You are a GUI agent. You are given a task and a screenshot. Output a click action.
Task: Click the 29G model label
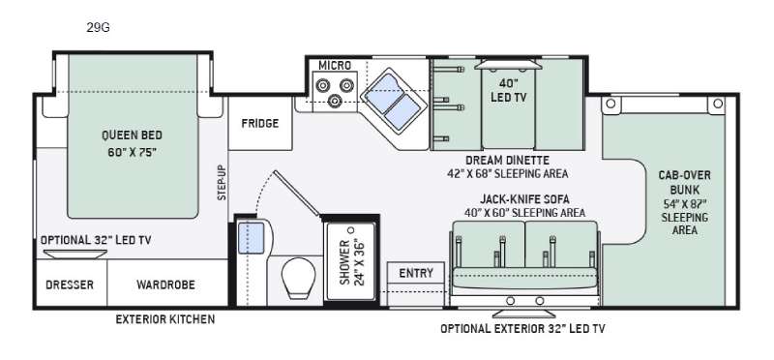point(99,28)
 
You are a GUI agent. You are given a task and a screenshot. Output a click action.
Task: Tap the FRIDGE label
point(260,124)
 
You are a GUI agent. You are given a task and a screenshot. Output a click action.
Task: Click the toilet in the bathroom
point(298,278)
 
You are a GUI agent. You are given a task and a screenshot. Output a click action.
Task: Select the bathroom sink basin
point(252,238)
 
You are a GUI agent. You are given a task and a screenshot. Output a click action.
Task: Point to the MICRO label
point(335,65)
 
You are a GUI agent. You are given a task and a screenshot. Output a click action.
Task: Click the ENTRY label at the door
point(416,273)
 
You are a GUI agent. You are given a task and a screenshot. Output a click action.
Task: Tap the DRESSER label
point(70,285)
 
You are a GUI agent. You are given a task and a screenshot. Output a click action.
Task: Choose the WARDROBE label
point(165,285)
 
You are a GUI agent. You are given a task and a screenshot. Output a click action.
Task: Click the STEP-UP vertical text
point(222,182)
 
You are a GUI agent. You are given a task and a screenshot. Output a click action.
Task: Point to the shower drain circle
point(351,230)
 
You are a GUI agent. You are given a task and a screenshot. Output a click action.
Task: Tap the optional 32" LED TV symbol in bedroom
point(75,254)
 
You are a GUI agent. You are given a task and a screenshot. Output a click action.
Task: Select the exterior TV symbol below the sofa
point(523,314)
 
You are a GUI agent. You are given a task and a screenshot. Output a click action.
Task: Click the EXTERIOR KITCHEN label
point(165,319)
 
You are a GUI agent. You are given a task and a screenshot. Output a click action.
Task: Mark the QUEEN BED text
point(132,135)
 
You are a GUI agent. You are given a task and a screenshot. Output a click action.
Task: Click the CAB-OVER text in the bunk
point(685,175)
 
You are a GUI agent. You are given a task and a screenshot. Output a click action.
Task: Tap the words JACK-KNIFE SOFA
point(524,199)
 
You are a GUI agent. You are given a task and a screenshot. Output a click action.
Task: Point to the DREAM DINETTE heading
point(507,160)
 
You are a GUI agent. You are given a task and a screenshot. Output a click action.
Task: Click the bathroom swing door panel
point(297,194)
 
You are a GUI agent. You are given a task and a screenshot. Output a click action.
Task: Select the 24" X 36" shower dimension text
point(359,262)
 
